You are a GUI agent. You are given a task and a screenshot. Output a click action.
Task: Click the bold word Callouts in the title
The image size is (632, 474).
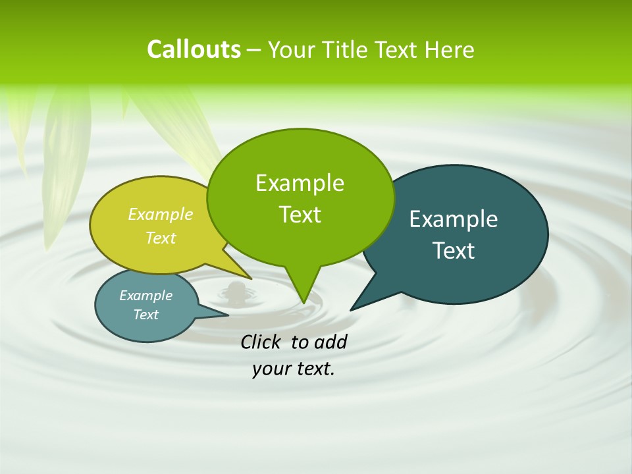point(194,49)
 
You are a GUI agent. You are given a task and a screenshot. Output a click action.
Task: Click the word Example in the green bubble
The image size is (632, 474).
point(300,182)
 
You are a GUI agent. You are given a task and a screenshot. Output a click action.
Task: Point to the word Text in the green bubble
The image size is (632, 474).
point(300,214)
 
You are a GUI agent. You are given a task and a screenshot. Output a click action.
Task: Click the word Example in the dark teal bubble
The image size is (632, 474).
point(454,219)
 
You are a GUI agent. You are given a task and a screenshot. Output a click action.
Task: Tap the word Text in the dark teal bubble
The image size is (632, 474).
point(454,250)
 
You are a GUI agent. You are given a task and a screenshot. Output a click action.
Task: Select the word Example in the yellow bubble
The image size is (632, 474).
point(161,214)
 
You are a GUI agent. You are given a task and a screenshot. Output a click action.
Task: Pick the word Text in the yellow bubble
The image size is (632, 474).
point(161,238)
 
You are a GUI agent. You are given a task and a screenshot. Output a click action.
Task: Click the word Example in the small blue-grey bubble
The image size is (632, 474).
point(145,296)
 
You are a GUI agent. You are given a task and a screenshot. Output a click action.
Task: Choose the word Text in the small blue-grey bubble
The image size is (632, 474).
point(145,315)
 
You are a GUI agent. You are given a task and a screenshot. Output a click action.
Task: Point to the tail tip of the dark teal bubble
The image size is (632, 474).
point(351,309)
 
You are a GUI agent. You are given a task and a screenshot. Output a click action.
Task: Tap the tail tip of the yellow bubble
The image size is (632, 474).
point(250,278)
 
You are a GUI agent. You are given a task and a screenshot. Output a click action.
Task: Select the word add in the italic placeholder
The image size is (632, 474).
point(330,342)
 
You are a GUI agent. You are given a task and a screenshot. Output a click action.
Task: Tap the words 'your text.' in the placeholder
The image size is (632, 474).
point(294,369)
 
